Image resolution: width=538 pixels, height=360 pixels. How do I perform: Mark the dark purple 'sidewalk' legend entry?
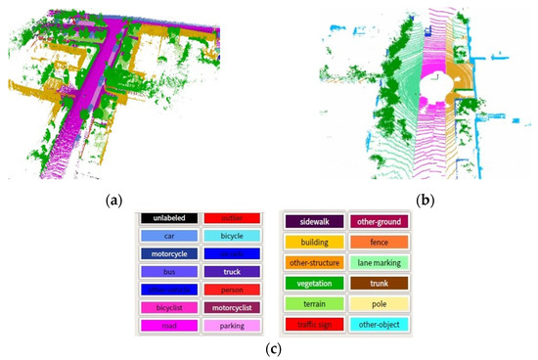(314, 221)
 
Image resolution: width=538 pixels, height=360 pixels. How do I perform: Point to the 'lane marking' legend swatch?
(377, 263)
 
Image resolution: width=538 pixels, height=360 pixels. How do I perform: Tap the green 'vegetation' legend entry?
(314, 285)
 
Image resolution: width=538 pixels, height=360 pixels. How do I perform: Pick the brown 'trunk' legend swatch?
(377, 285)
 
